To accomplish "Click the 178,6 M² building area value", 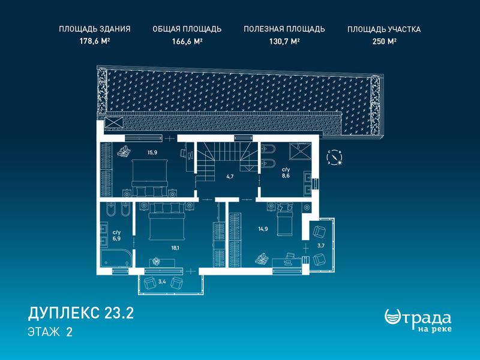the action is point(95,41).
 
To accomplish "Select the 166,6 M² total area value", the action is point(187,41).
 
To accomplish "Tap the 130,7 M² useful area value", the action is point(284,41).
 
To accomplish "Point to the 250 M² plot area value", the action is point(385,41).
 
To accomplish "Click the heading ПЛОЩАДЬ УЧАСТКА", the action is point(384,29).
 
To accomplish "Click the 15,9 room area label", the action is point(152,152).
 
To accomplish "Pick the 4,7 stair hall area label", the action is point(230,176).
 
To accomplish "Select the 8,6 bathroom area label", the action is point(286,176).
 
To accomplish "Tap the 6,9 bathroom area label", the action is point(116,238).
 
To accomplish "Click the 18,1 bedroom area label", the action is point(175,248).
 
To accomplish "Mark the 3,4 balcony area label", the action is point(162,281).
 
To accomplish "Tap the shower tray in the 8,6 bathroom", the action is point(301,151).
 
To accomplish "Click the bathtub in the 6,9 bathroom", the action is point(116,259).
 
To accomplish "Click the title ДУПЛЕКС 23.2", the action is point(81,313).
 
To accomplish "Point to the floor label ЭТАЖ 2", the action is point(50,332).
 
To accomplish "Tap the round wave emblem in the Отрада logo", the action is point(393,317).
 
